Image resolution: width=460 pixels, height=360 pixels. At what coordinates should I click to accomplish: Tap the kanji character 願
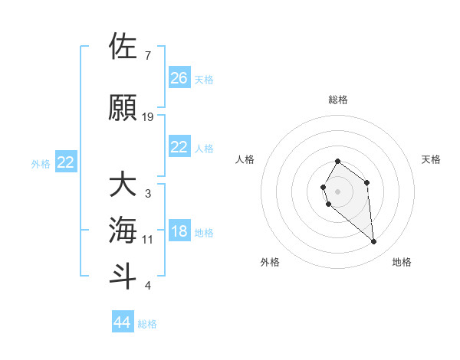[123, 108]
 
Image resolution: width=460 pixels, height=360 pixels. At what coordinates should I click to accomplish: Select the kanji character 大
[123, 185]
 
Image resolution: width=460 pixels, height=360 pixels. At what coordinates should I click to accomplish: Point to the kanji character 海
[123, 230]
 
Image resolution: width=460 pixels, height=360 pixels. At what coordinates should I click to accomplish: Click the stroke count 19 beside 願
[148, 117]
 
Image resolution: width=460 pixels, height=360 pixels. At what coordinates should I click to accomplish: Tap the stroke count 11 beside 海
[148, 240]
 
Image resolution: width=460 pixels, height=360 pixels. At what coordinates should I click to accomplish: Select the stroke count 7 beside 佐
[148, 56]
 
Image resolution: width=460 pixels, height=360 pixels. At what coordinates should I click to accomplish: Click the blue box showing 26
[179, 77]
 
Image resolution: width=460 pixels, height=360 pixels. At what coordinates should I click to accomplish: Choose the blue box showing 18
[179, 232]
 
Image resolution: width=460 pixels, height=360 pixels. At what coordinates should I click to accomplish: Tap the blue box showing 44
[123, 322]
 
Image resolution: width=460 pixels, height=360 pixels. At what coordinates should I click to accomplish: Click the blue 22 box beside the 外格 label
[66, 162]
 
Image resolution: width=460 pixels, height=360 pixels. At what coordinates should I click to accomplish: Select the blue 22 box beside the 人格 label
[179, 147]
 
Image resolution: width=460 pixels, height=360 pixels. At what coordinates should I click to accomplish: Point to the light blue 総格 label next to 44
[147, 324]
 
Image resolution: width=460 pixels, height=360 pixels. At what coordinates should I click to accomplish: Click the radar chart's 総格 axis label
[338, 100]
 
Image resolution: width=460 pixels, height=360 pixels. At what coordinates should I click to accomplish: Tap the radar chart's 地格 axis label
[402, 262]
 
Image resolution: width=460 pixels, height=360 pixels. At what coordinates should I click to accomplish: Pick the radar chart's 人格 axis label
[245, 159]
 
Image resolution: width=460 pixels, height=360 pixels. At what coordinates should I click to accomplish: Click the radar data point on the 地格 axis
[374, 242]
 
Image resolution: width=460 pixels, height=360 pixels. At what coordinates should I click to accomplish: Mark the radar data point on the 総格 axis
[338, 162]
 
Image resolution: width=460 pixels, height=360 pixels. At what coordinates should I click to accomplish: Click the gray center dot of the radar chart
[338, 191]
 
